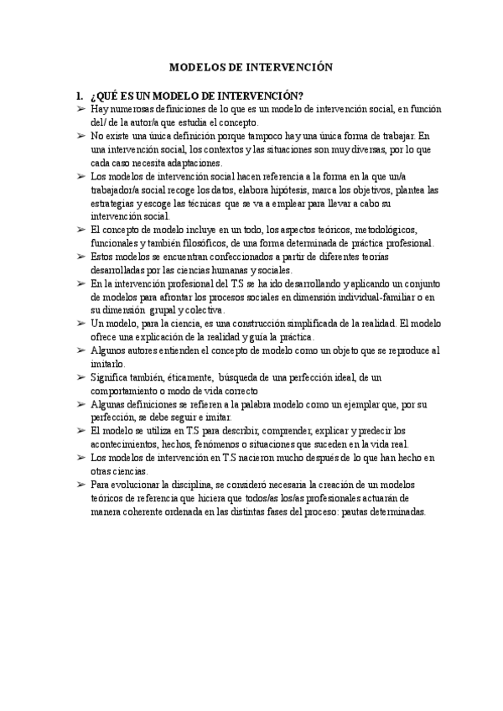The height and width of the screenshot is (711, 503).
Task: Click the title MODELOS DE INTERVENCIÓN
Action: tap(251, 67)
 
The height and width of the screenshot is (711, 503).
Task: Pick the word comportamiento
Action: tap(128, 391)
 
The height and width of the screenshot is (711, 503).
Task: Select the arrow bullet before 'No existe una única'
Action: tap(81, 136)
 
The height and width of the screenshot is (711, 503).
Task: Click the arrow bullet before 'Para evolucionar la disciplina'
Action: tap(81, 485)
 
